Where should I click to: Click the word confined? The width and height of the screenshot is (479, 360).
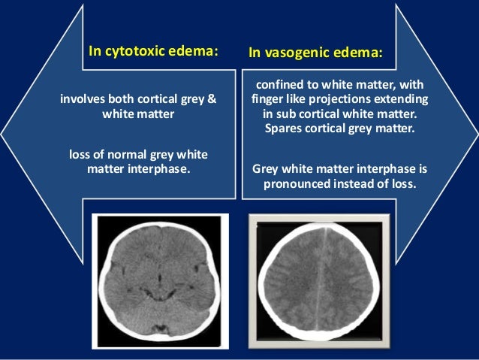[279, 85]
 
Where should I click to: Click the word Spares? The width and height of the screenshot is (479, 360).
[282, 129]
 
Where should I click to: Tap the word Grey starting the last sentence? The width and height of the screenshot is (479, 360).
[268, 168]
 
